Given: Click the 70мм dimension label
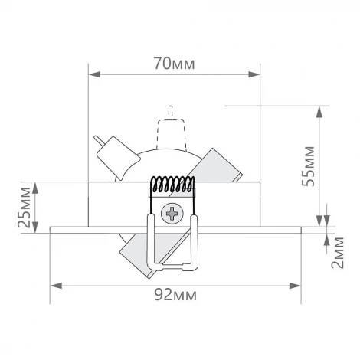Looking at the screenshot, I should (x=173, y=64).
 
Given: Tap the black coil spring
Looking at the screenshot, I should (x=172, y=185).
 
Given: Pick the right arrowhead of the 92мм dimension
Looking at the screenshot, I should (x=296, y=285).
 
